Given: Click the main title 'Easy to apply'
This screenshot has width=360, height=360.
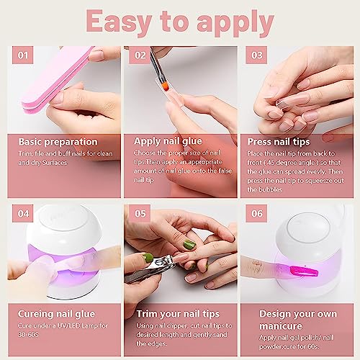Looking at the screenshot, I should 180,22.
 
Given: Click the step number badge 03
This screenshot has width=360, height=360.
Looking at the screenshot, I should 256,54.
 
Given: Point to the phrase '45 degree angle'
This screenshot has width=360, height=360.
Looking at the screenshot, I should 297,163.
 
